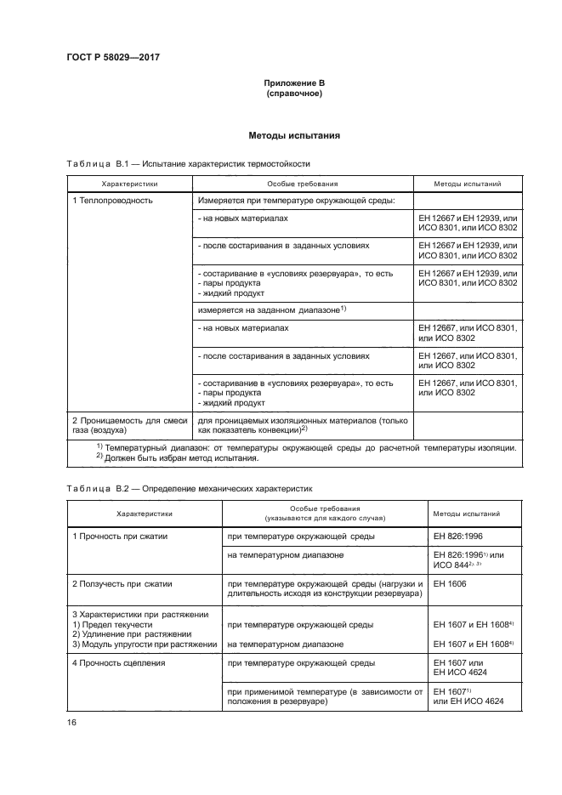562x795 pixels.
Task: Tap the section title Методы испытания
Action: pos(293,135)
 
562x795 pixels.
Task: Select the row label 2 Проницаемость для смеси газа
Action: pos(129,424)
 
